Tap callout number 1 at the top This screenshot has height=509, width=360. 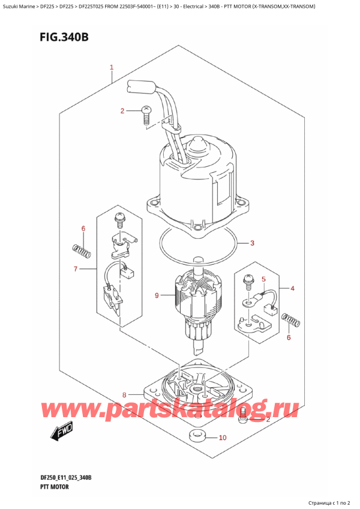(x=111, y=67)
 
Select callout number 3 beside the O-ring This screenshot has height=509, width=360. (x=253, y=243)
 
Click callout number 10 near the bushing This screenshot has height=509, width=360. (x=222, y=438)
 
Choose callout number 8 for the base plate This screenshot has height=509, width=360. (x=125, y=395)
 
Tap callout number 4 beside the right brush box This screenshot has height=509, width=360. (x=292, y=289)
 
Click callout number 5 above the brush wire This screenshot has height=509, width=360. (x=263, y=279)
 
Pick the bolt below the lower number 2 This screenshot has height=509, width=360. (x=243, y=414)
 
